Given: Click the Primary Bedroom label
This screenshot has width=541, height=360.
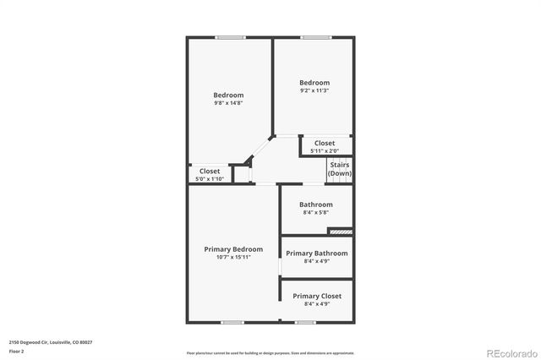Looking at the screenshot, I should click(233, 249).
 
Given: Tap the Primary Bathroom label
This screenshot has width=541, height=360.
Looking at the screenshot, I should click(316, 254).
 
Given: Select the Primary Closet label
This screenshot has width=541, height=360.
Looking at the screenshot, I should click(316, 296).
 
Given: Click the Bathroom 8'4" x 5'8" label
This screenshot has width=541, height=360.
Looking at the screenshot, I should click(316, 205).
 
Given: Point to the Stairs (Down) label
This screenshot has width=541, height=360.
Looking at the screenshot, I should click(340, 169).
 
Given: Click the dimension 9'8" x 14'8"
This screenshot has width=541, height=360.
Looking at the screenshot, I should click(228, 103).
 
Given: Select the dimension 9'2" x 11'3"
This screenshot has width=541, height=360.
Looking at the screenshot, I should click(314, 90).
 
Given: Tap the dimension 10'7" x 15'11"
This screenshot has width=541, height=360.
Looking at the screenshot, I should click(233, 258).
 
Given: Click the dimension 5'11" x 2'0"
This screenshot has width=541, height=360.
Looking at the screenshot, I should click(325, 151).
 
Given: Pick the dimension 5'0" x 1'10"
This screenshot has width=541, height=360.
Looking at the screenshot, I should click(209, 178).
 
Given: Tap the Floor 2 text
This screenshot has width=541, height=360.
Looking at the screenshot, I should click(17, 351).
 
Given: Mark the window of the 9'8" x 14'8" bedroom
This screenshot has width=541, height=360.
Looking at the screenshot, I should click(230, 37).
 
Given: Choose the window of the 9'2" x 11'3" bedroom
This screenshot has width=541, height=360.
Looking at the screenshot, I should click(315, 37).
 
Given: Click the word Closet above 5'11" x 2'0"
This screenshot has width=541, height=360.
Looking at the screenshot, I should click(325, 144).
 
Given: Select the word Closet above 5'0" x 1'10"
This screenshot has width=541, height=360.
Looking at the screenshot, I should click(209, 171).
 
